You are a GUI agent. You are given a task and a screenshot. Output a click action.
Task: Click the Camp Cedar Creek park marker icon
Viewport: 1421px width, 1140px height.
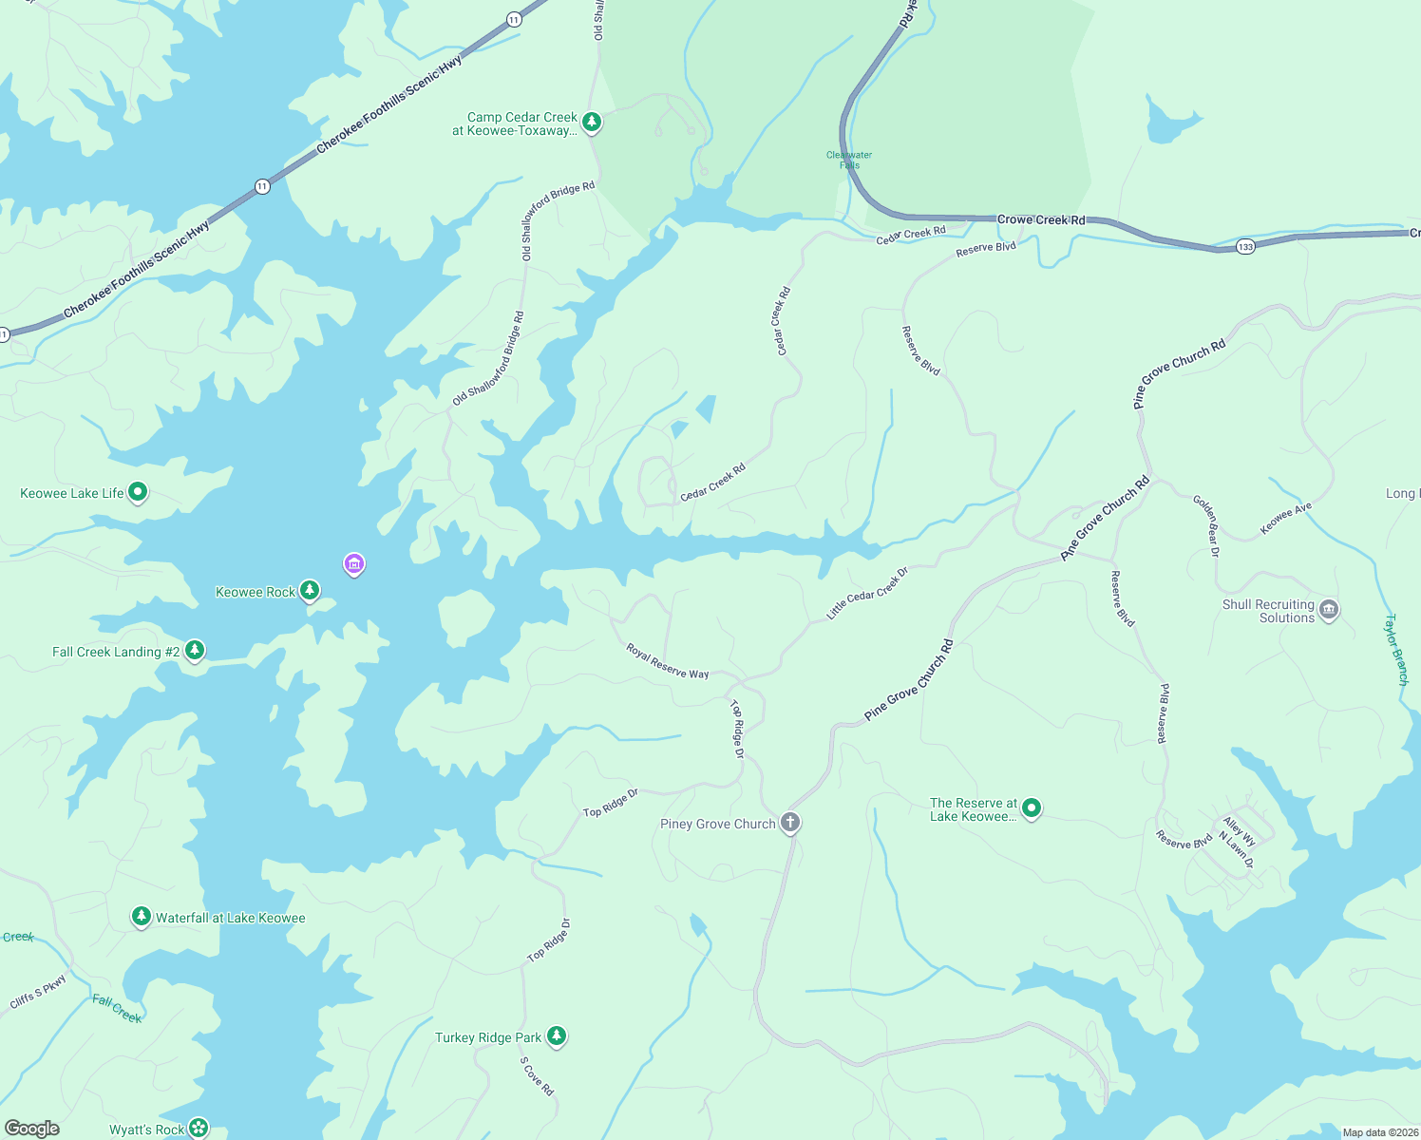pos(592,122)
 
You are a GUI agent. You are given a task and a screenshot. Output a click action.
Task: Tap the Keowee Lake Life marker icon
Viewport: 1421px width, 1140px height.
pos(138,492)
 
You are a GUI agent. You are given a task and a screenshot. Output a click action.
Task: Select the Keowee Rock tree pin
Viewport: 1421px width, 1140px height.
pos(309,591)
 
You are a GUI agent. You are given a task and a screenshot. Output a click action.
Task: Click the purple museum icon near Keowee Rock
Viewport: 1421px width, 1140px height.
pos(353,564)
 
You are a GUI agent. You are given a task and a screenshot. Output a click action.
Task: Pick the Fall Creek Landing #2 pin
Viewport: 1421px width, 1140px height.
pos(195,651)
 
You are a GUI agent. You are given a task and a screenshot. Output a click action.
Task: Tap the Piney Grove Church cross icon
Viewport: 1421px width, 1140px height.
pos(790,823)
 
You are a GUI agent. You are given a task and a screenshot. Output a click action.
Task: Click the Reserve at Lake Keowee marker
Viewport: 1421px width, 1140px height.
pos(1032,808)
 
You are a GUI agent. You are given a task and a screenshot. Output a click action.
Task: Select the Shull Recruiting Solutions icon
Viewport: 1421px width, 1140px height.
pos(1329,610)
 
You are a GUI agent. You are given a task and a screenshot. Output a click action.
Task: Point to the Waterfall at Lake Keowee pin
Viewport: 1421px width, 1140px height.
pos(142,917)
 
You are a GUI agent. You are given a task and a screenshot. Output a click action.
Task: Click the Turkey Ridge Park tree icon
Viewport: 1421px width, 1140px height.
pos(557,1036)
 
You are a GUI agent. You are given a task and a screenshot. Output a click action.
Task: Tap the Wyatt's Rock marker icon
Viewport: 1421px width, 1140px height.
pos(199,1129)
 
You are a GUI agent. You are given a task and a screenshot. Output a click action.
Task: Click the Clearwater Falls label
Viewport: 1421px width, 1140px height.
pos(849,160)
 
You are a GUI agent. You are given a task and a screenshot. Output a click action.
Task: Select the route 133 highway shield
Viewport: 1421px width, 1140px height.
pos(1245,247)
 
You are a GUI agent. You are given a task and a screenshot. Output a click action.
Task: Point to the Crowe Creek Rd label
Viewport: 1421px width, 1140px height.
pos(1040,219)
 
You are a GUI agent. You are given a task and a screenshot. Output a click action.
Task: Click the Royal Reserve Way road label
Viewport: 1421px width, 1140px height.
pos(667,661)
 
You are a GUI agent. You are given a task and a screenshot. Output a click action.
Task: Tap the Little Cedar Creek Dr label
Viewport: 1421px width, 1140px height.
pos(867,594)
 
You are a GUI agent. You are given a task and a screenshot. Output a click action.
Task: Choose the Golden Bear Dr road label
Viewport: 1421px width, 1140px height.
pos(1206,525)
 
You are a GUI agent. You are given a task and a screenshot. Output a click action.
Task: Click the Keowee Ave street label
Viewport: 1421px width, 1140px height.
pos(1285,519)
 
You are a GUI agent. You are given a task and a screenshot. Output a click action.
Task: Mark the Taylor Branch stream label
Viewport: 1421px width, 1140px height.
pos(1396,650)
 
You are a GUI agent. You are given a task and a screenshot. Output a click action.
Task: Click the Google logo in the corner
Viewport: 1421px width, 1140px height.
pos(32,1129)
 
